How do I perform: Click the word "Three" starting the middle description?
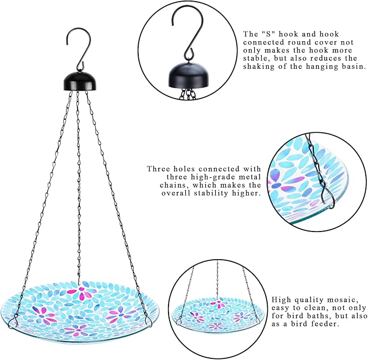(x=159, y=169)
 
